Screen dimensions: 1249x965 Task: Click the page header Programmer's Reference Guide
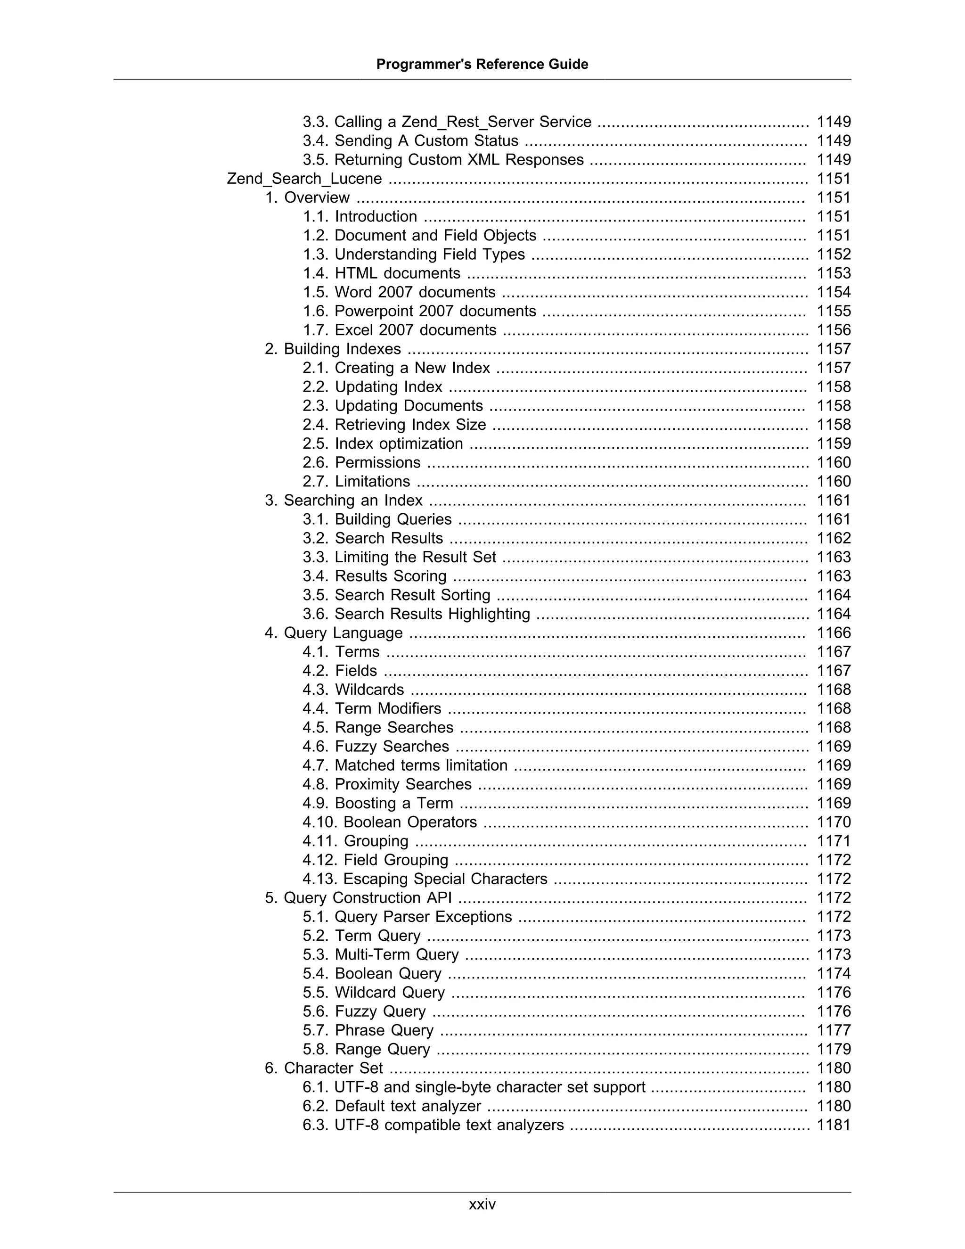[482, 64]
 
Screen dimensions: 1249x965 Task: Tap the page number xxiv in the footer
[482, 1204]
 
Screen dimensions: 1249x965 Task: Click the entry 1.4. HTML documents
[381, 273]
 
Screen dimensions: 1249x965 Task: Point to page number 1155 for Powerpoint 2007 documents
[834, 311]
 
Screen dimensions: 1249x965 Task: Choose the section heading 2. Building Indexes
[333, 349]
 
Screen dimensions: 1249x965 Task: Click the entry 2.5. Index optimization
[383, 444]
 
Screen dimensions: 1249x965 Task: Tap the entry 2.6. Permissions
[361, 463]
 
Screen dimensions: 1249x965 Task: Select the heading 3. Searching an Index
[343, 501]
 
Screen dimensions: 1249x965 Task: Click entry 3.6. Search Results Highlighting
[416, 614]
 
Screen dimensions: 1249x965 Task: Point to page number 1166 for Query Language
[834, 633]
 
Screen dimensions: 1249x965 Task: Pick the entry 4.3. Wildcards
[353, 690]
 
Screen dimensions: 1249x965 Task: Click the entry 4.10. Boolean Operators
[389, 822]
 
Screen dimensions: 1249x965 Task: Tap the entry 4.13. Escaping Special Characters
[425, 879]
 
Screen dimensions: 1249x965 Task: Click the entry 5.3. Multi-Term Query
[381, 954]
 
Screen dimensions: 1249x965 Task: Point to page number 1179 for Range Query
[834, 1050]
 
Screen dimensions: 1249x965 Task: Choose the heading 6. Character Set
[324, 1068]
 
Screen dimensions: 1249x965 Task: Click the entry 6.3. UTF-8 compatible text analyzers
[433, 1125]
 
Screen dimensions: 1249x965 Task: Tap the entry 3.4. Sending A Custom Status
[410, 140]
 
